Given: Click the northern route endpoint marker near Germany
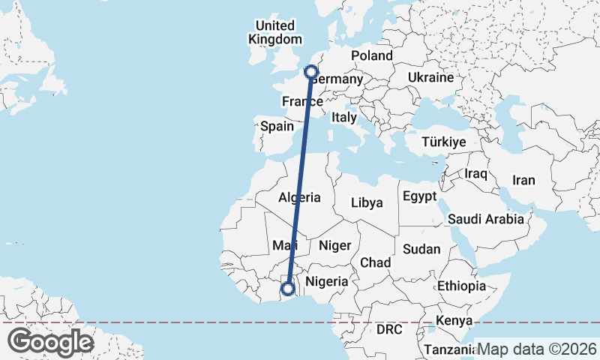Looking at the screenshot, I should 311,72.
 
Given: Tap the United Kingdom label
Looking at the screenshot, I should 275,33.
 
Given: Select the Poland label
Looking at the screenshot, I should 371,55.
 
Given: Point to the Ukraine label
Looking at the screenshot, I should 431,77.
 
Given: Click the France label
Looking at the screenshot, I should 301,101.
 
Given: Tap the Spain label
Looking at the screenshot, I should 277,126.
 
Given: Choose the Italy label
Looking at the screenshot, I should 343,117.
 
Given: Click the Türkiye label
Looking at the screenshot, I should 444,142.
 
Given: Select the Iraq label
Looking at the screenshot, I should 476,173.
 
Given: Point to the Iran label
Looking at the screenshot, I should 523,180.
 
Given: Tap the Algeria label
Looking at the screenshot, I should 299,198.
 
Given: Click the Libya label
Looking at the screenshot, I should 367,202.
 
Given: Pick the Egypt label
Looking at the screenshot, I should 419,196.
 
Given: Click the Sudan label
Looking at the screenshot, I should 421,249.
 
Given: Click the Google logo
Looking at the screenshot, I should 50,342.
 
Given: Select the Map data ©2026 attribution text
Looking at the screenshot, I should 537,349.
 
